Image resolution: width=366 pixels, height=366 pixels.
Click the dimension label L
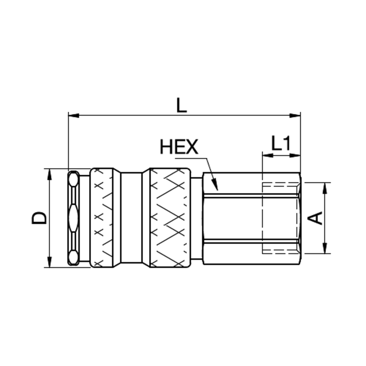[x=182, y=105]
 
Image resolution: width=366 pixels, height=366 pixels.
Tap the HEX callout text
[x=179, y=147]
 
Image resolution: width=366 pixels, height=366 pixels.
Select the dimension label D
[x=39, y=218]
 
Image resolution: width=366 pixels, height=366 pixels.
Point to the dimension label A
[x=315, y=218]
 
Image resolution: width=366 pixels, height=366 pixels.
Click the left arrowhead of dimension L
[x=74, y=115]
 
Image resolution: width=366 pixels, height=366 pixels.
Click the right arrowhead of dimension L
[x=295, y=115]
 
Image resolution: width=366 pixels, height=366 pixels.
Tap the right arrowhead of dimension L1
[x=295, y=155]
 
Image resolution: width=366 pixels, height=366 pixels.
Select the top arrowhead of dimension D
[x=49, y=174]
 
